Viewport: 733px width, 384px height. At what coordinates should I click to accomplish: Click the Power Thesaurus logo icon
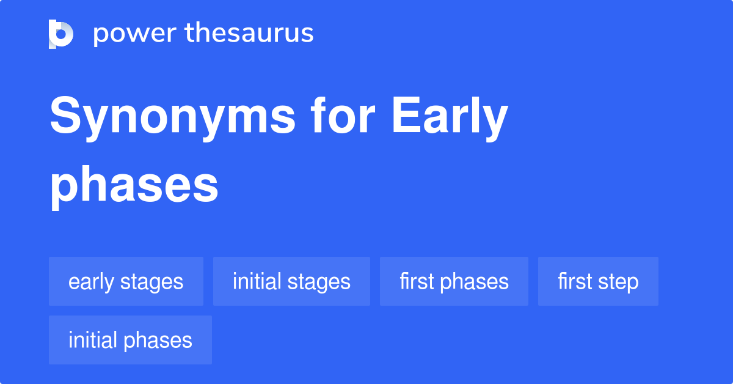coord(61,34)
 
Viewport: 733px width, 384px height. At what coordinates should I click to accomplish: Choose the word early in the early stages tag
coord(91,282)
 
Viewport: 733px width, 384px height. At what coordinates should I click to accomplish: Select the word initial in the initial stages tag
coord(257,281)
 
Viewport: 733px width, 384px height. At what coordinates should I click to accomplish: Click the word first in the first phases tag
coord(416,281)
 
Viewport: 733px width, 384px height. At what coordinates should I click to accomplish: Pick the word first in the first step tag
coord(574,281)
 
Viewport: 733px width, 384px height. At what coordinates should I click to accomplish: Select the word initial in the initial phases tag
coord(93,340)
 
